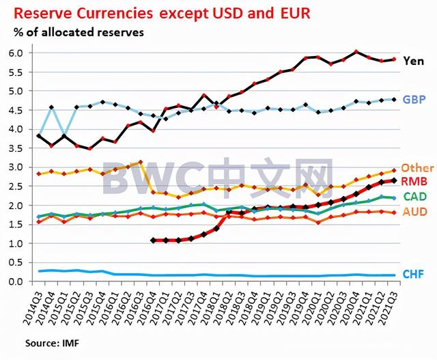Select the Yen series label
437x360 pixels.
(x=414, y=61)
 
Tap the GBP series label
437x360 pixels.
(x=414, y=100)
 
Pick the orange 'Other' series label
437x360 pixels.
(x=417, y=168)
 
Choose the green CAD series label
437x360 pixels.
(x=415, y=197)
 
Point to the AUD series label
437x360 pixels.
(x=415, y=212)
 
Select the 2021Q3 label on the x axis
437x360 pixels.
(x=391, y=304)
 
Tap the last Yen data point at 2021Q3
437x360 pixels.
(x=393, y=59)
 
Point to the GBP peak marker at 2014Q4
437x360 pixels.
(x=52, y=107)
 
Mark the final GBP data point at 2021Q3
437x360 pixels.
(x=393, y=99)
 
